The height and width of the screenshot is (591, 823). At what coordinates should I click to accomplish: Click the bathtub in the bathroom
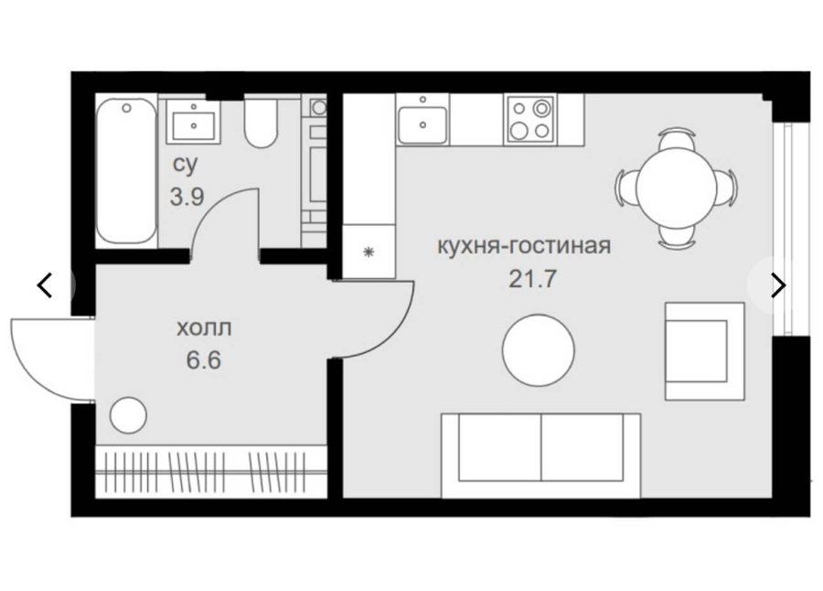[x=126, y=171]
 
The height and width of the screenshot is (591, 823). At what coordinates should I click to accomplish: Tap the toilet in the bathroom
[x=261, y=123]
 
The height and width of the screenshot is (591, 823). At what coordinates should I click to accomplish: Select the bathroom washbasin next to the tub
[x=193, y=122]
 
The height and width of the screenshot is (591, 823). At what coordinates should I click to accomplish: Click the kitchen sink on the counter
[x=422, y=119]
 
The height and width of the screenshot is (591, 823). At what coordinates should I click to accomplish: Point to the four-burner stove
[x=530, y=120]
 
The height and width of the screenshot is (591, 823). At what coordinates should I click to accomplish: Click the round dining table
[x=676, y=187]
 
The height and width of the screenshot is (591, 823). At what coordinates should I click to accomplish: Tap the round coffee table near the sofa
[x=538, y=350]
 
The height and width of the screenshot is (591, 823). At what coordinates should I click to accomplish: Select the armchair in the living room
[x=704, y=351]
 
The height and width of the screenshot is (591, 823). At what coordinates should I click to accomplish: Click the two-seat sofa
[x=540, y=456]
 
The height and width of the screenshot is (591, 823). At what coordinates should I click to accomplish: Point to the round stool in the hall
[x=128, y=415]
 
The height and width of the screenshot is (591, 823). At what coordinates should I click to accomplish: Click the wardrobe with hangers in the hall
[x=211, y=472]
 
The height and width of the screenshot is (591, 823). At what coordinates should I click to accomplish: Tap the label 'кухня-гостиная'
[x=524, y=246]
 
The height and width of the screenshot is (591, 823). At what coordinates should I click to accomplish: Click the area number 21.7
[x=531, y=279]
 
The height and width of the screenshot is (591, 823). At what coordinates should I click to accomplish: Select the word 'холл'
[x=204, y=328]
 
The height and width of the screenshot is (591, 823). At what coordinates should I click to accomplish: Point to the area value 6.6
[x=204, y=360]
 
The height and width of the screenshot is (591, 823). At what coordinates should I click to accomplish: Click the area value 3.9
[x=187, y=198]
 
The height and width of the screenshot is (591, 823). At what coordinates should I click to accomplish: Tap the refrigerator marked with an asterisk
[x=369, y=252]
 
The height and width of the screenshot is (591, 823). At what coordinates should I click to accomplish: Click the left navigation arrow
[x=45, y=285]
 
